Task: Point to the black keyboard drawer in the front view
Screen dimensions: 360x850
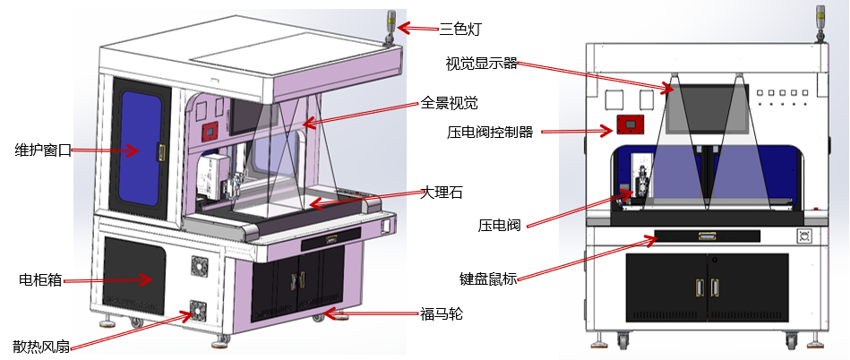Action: (x=707, y=236)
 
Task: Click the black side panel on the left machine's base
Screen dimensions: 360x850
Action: (x=134, y=274)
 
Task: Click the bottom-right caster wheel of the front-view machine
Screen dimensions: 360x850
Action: (x=793, y=340)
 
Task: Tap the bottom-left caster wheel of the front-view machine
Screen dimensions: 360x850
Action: (x=621, y=340)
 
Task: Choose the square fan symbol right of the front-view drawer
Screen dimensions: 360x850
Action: (x=803, y=236)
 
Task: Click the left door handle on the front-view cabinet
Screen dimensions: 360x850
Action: (x=699, y=287)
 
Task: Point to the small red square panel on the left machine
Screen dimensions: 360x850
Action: (x=209, y=133)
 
